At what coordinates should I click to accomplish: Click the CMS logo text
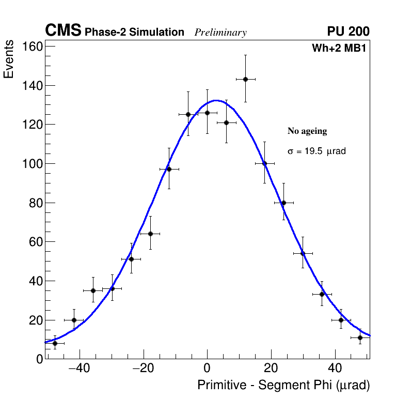click(x=63, y=31)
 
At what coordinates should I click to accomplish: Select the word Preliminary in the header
click(x=220, y=33)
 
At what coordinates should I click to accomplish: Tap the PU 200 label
click(x=348, y=32)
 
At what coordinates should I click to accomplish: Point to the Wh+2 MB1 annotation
click(x=339, y=49)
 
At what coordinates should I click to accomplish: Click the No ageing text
click(x=307, y=131)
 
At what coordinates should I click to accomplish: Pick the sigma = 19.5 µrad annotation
click(x=317, y=151)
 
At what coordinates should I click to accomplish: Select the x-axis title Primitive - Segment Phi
click(x=283, y=385)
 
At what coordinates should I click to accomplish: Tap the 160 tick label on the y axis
click(x=32, y=47)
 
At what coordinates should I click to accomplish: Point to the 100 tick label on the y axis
click(x=32, y=164)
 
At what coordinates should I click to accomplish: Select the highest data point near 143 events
click(x=245, y=79)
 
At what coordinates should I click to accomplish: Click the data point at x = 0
click(x=207, y=113)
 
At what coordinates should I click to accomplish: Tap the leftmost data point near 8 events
click(x=55, y=343)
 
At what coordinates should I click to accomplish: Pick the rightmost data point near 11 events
click(x=360, y=337)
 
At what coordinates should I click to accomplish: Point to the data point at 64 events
click(x=150, y=234)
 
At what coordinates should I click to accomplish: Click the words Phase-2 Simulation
click(x=134, y=33)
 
